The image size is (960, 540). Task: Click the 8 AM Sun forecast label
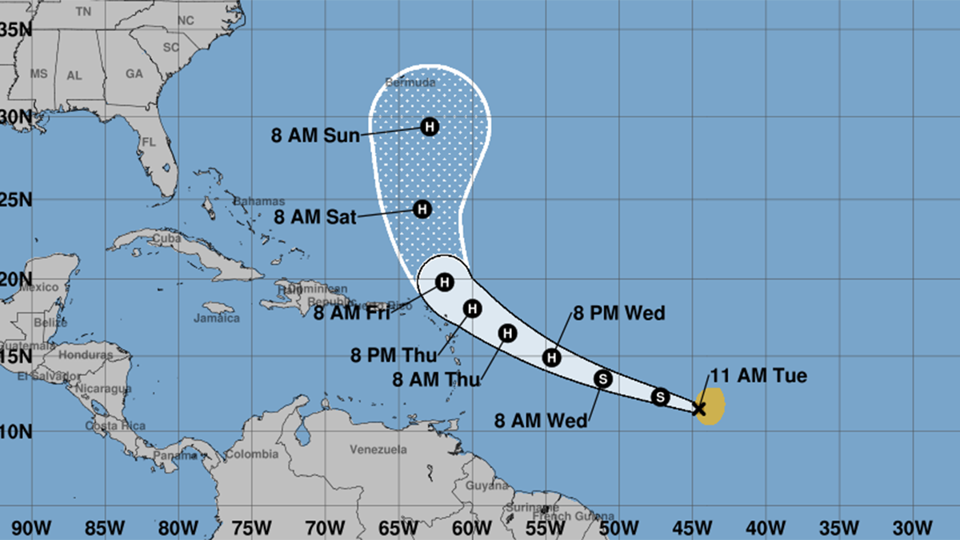[x=315, y=136]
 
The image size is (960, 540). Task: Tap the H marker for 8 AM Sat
[x=422, y=209]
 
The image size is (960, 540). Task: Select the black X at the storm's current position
[x=698, y=409]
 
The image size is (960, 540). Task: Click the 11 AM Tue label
[x=758, y=376]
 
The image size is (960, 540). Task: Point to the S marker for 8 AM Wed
[x=603, y=378]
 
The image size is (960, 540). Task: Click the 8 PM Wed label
[x=618, y=313]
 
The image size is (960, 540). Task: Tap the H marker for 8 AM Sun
[x=430, y=126]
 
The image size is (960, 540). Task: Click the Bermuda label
[x=410, y=82]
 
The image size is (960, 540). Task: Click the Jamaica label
[x=217, y=318]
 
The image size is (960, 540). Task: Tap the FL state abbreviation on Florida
[x=149, y=142]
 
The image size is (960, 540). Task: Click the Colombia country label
[x=251, y=454]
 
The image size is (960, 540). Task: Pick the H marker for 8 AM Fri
[x=445, y=282]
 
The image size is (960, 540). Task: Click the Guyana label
[x=486, y=486]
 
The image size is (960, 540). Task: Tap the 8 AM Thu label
[x=438, y=380]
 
